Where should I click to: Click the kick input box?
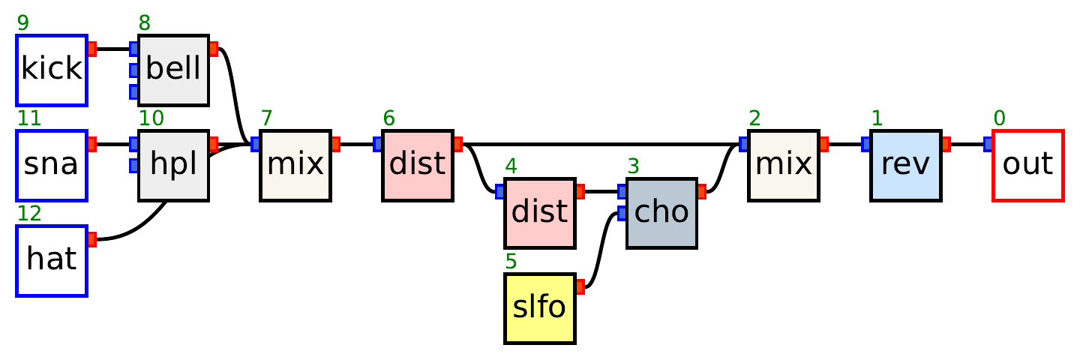(x=52, y=70)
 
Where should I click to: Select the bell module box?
(x=173, y=70)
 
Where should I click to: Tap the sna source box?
(x=52, y=165)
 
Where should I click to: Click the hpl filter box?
(x=173, y=165)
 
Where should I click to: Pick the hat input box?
(x=52, y=260)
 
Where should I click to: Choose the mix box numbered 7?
(x=295, y=165)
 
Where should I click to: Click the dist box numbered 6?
(x=418, y=165)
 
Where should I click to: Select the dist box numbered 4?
(x=540, y=213)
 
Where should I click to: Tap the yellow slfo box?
(x=540, y=308)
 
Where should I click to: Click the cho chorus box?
(x=661, y=213)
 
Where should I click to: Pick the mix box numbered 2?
(x=784, y=165)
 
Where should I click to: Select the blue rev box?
(x=906, y=165)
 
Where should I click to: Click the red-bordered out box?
(x=1027, y=165)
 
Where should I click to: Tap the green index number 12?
(x=28, y=214)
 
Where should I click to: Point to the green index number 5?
(x=511, y=262)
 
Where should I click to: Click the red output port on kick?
(x=92, y=49)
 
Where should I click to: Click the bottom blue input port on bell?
(x=133, y=91)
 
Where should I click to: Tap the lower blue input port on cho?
(x=622, y=213)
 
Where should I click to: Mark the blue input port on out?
(x=988, y=144)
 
